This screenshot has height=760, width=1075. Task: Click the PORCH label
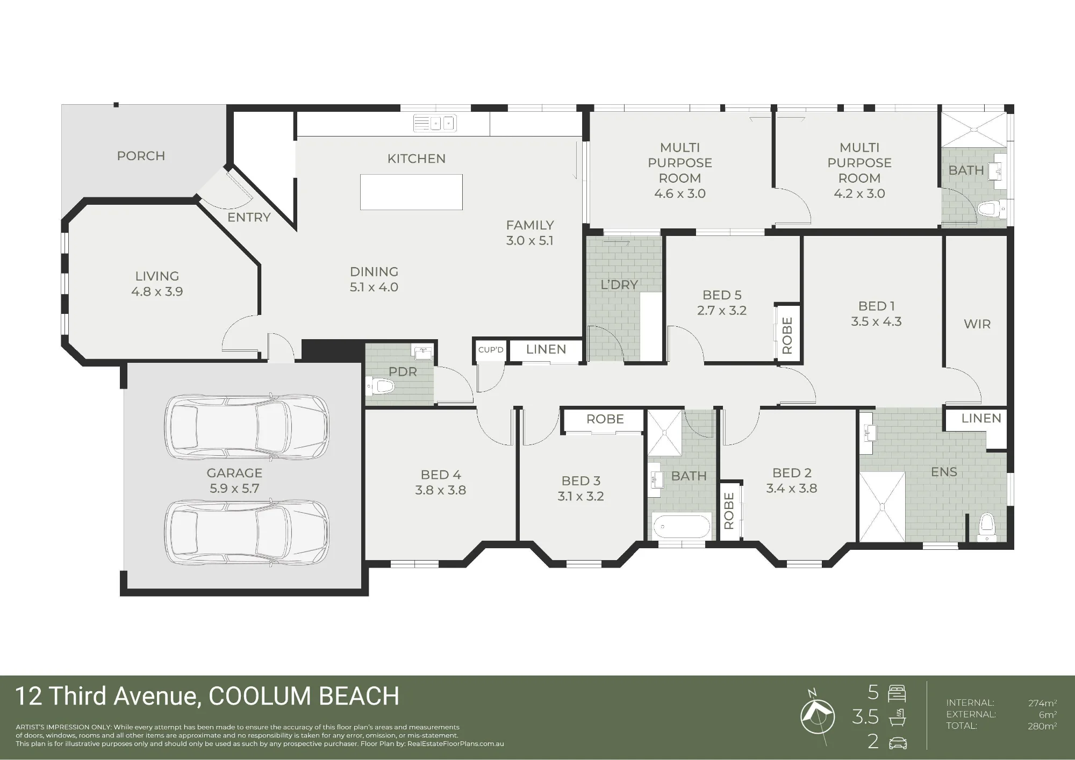pyautogui.click(x=141, y=156)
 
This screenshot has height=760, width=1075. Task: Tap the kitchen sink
pyautogui.click(x=435, y=123)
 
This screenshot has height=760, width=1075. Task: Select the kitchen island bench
pyautogui.click(x=411, y=192)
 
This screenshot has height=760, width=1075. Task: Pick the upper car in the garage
pyautogui.click(x=248, y=427)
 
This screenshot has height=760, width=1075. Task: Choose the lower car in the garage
pyautogui.click(x=248, y=532)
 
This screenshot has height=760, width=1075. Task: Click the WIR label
pyautogui.click(x=977, y=324)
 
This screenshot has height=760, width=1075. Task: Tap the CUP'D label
pyautogui.click(x=491, y=350)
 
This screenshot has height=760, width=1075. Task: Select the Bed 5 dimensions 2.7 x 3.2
pyautogui.click(x=722, y=310)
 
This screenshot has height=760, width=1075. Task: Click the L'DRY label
pyautogui.click(x=619, y=285)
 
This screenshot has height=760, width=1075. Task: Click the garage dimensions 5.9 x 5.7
pyautogui.click(x=234, y=489)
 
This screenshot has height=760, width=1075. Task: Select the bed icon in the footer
pyautogui.click(x=897, y=693)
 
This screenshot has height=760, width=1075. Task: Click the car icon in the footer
pyautogui.click(x=898, y=743)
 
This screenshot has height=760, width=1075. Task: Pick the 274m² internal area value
pyautogui.click(x=1042, y=703)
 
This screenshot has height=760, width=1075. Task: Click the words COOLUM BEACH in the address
pyautogui.click(x=304, y=696)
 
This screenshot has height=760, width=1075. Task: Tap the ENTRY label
pyautogui.click(x=249, y=217)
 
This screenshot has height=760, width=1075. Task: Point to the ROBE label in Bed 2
pyautogui.click(x=729, y=511)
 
